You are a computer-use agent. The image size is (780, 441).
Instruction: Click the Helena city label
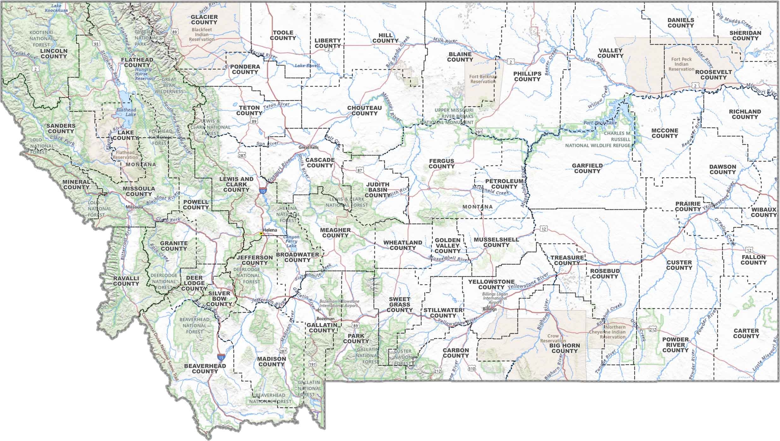point(270,230)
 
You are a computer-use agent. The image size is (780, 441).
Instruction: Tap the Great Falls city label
point(309,147)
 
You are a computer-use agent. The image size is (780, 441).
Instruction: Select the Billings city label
point(490,309)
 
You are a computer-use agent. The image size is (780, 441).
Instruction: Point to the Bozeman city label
point(325,319)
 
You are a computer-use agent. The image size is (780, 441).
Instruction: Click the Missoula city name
point(134,207)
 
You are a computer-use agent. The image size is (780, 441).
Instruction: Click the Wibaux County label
point(764,212)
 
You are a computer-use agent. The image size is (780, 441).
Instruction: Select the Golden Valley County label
point(447,246)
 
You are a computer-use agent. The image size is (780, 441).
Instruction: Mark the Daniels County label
point(681,23)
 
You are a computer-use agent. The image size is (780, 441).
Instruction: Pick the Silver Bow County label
point(219,299)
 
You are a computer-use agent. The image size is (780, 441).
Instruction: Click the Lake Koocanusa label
point(56,8)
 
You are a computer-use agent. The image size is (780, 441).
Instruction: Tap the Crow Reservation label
point(553,338)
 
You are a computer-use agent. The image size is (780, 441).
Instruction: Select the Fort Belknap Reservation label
point(483,79)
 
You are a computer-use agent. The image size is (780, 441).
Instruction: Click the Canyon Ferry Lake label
point(291,241)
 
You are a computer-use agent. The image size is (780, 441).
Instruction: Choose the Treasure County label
point(567,260)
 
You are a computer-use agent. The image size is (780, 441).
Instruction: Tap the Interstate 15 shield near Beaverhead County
point(221,357)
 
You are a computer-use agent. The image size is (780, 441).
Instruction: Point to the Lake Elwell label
point(307,66)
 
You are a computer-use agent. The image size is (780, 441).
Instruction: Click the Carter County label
point(746,333)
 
